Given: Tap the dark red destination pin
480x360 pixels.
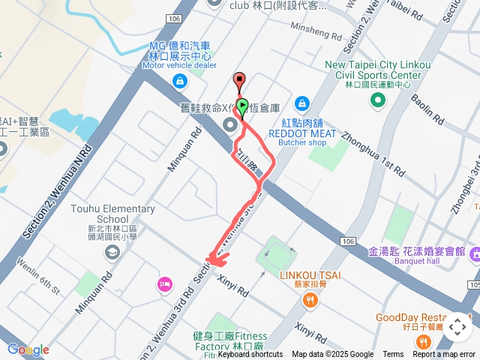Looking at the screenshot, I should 239,79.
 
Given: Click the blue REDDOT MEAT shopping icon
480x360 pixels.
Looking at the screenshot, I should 301,102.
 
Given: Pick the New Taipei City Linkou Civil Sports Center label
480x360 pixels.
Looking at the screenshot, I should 378,70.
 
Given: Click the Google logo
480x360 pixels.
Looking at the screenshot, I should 28,349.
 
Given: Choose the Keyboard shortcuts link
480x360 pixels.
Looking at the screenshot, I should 250,355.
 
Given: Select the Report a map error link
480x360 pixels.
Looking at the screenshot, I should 444,355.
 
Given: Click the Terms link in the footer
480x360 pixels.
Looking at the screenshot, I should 393,355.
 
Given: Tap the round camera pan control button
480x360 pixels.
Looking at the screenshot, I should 457,327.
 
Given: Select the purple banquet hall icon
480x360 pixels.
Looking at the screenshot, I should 474,256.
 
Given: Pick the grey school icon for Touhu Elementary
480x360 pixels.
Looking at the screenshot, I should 111,252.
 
